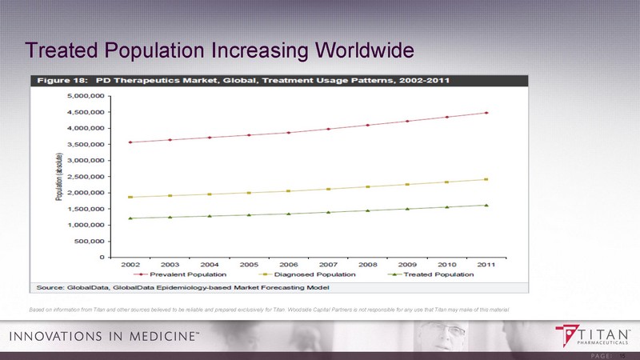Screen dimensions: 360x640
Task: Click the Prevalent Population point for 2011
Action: [486, 113]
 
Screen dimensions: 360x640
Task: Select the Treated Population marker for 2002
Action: [130, 218]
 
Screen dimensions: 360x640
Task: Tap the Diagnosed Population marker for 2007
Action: [328, 189]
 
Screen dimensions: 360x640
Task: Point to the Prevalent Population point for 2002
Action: [130, 142]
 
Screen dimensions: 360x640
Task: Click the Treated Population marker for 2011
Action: [486, 205]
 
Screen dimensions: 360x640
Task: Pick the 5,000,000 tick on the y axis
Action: [86, 96]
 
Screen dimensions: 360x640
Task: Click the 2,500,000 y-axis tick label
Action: [86, 177]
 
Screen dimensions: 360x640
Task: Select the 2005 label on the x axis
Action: [249, 263]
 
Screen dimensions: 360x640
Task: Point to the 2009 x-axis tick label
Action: [407, 263]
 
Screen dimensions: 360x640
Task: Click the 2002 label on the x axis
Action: [130, 263]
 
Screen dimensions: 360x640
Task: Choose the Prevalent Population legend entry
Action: [182, 274]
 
